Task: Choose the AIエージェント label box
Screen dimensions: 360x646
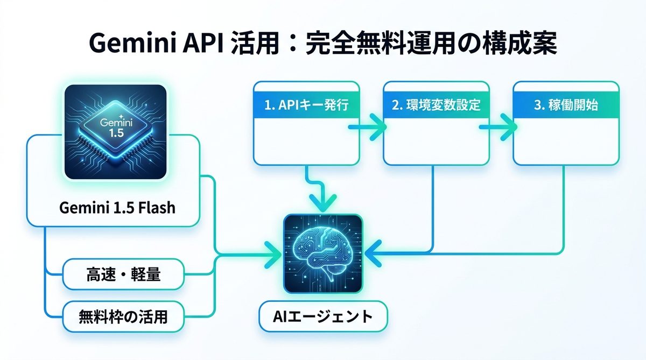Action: point(322,316)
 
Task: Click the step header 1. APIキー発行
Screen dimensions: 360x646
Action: point(306,105)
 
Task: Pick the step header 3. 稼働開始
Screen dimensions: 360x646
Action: point(565,105)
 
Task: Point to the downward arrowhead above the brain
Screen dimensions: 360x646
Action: point(322,203)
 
